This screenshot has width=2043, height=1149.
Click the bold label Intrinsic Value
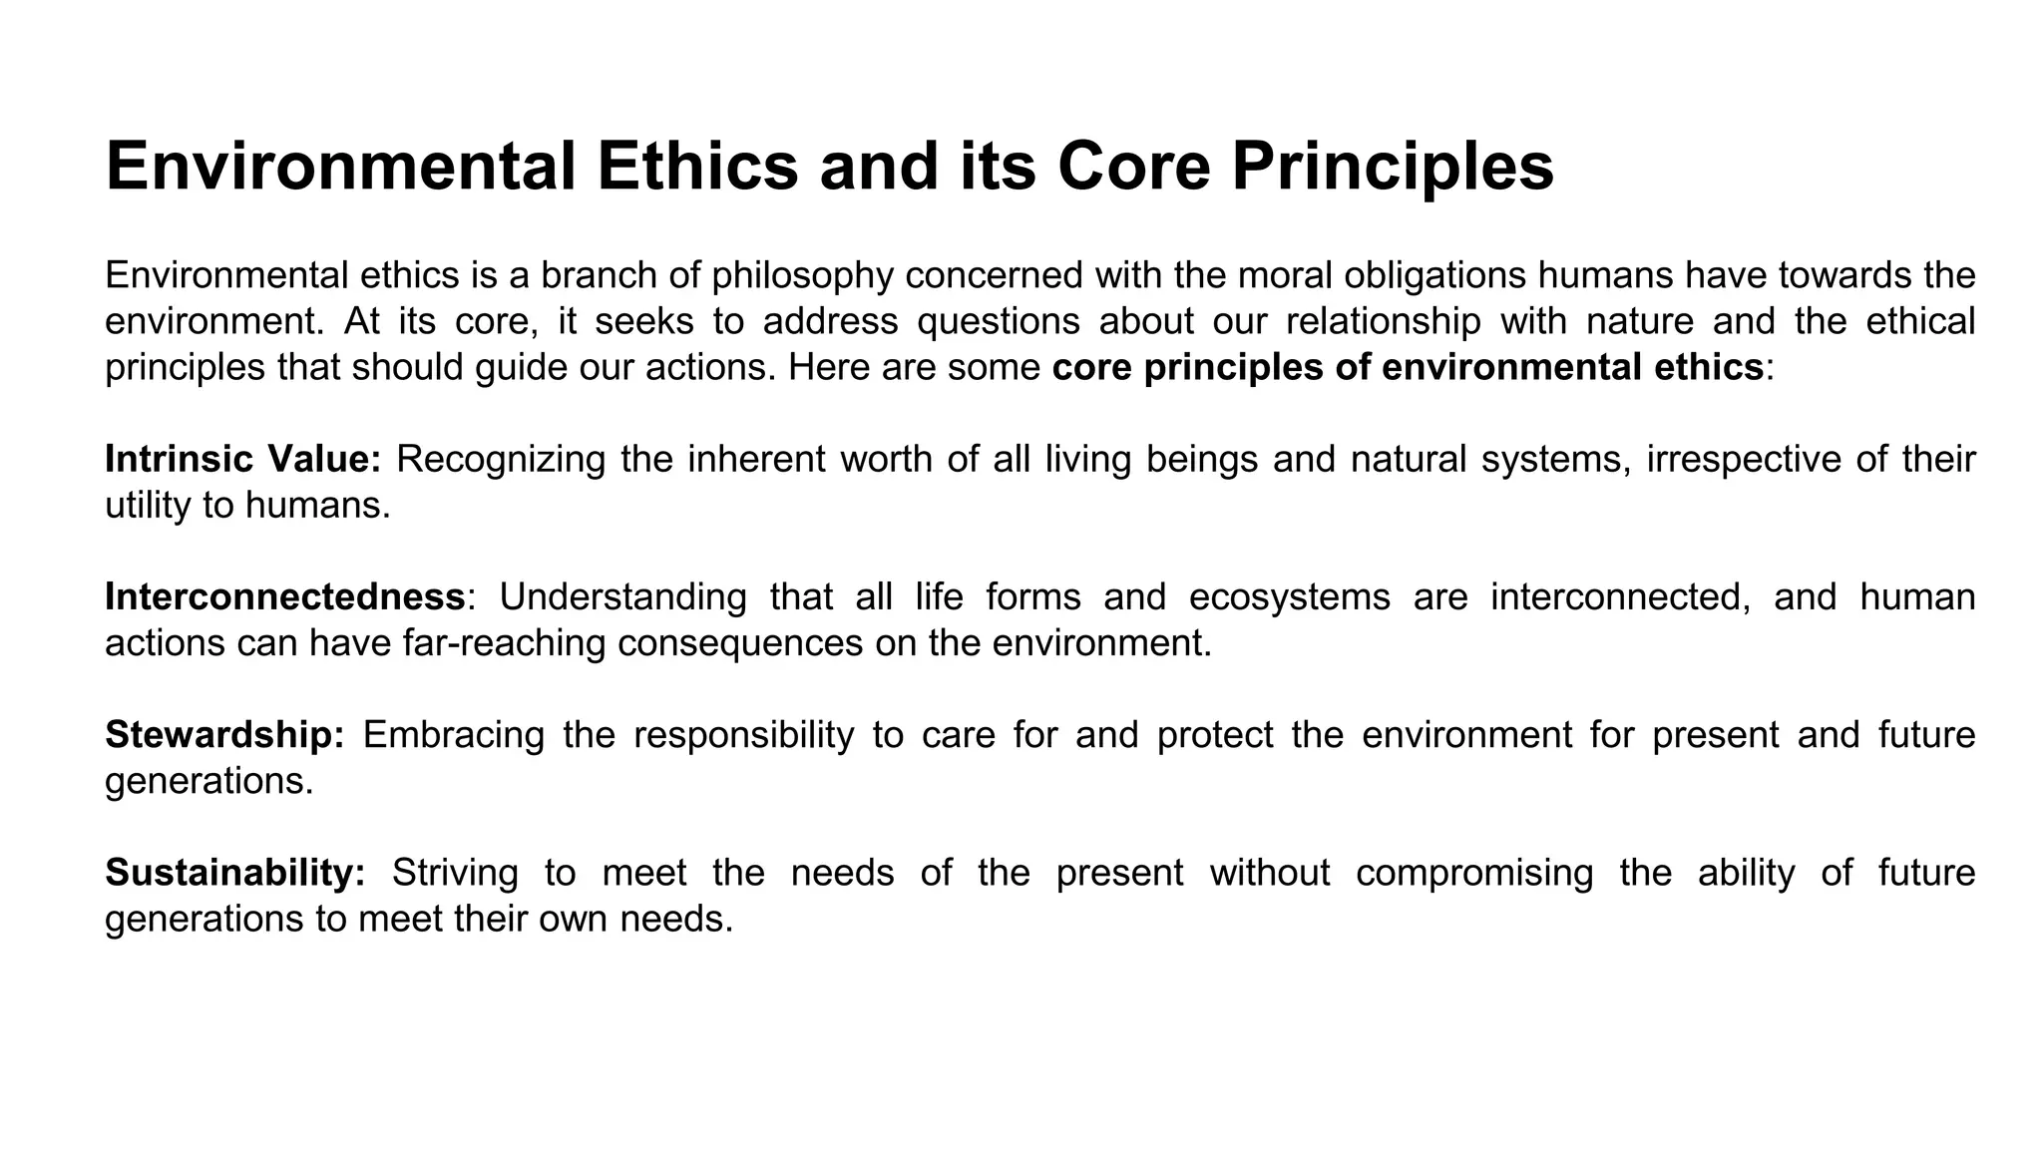point(243,459)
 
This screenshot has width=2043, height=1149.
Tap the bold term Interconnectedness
point(285,596)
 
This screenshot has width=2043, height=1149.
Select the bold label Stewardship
point(225,734)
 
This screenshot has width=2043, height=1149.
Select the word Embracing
point(454,734)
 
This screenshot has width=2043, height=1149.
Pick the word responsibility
point(744,734)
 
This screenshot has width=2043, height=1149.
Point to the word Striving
point(455,872)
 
